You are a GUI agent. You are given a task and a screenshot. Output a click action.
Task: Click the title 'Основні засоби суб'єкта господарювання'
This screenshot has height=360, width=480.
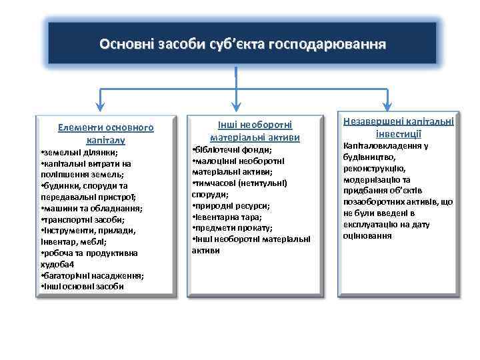point(242,45)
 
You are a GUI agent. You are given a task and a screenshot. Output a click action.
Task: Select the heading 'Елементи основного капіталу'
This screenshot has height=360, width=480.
point(105,133)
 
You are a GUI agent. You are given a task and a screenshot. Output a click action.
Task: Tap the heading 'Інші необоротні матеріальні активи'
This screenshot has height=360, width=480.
point(255,130)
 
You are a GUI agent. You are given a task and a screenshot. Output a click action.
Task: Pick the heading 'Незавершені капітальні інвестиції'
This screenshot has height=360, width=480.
point(399,126)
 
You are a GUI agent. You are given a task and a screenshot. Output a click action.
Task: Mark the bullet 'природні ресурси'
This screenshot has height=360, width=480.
point(231,206)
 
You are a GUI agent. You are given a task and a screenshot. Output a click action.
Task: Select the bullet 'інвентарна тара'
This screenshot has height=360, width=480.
point(227,217)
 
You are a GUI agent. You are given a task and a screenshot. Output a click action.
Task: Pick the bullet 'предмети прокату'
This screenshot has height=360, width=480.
point(230,228)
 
